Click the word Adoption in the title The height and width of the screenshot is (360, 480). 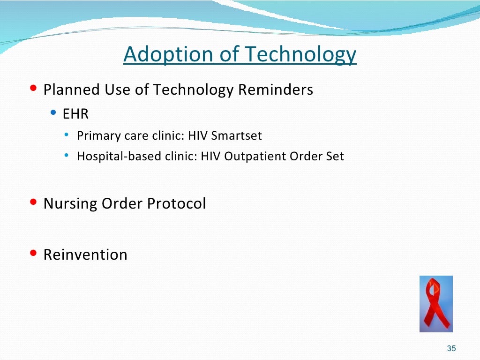(168, 54)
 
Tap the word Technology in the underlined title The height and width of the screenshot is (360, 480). (301, 54)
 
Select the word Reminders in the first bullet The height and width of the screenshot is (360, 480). (276, 90)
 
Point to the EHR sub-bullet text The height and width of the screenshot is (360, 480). (75, 114)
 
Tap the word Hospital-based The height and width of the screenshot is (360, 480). (119, 157)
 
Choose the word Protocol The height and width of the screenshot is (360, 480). (176, 203)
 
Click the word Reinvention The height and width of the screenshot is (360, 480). (85, 255)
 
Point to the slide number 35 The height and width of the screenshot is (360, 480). (451, 348)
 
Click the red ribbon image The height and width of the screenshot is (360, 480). (436, 304)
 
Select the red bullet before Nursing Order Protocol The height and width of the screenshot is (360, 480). (33, 202)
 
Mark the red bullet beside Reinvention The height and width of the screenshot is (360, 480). (33, 253)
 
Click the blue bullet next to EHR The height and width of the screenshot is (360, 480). (53, 112)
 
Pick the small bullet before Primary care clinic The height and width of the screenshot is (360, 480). (67, 134)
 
